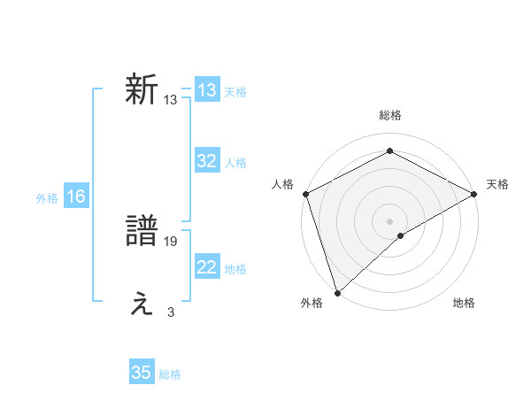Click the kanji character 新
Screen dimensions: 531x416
pyautogui.click(x=142, y=90)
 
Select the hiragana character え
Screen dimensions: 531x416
pyautogui.click(x=142, y=304)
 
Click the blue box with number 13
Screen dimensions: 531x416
pyautogui.click(x=207, y=90)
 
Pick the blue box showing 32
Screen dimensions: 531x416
pyautogui.click(x=207, y=161)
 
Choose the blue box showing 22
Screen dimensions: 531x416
pyautogui.click(x=207, y=267)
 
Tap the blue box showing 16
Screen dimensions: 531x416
pyautogui.click(x=75, y=196)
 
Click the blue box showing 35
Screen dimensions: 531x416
pyautogui.click(x=142, y=373)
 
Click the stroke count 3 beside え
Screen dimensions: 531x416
pyautogui.click(x=171, y=312)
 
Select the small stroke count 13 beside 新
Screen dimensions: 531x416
pyautogui.click(x=171, y=100)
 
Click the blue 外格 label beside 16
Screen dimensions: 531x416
pyautogui.click(x=47, y=198)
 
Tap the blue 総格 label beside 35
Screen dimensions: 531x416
pyautogui.click(x=170, y=374)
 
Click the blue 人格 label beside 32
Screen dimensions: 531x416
pyautogui.click(x=235, y=163)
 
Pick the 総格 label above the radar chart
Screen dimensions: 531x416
pyautogui.click(x=389, y=115)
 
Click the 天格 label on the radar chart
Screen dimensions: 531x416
pyautogui.click(x=497, y=184)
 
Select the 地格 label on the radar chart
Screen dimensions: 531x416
pyautogui.click(x=464, y=304)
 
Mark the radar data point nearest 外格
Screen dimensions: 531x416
pyautogui.click(x=336, y=292)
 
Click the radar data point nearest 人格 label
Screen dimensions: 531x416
pyautogui.click(x=304, y=193)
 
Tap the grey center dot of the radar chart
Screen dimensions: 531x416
pyautogui.click(x=389, y=220)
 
